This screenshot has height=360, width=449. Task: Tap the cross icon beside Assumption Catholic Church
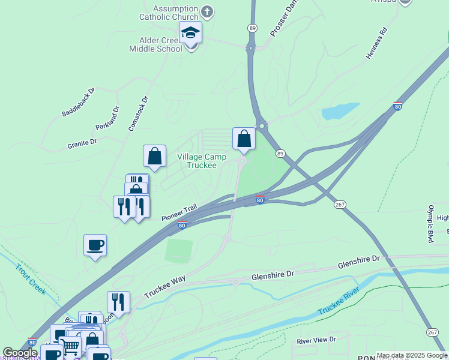pyautogui.click(x=207, y=11)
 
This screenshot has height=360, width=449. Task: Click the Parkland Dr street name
pyautogui.click(x=107, y=118)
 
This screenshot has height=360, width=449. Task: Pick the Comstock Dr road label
pyautogui.click(x=138, y=114)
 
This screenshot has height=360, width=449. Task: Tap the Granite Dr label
pyautogui.click(x=82, y=143)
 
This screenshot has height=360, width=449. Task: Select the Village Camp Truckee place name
pyautogui.click(x=202, y=161)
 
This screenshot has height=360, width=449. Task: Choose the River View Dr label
pyautogui.click(x=316, y=340)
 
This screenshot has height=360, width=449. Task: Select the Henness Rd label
pyautogui.click(x=376, y=43)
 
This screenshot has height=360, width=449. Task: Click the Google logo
pyautogui.click(x=20, y=353)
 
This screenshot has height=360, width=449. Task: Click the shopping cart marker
pyautogui.click(x=70, y=346)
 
